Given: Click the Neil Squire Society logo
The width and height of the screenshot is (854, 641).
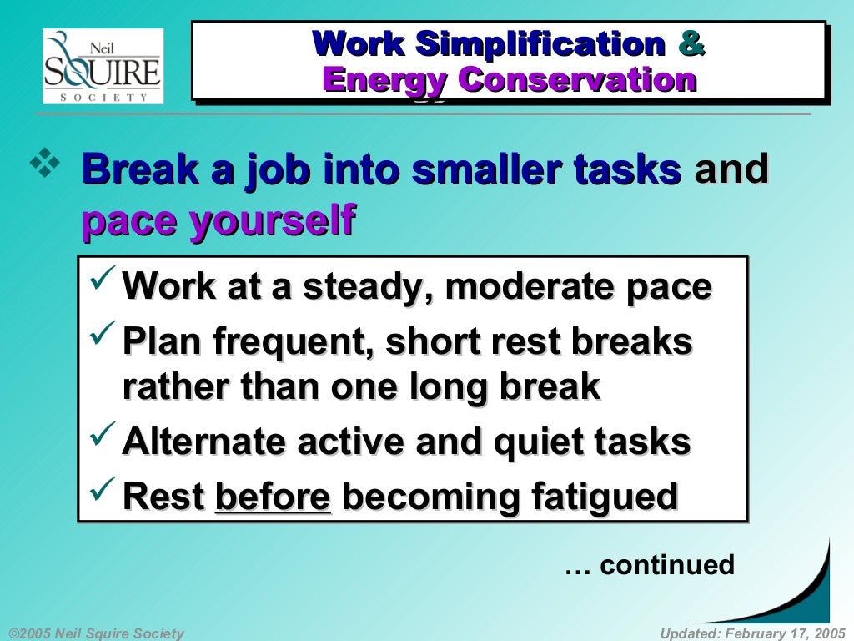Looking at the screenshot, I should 103,66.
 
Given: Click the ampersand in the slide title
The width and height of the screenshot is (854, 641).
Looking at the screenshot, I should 691,43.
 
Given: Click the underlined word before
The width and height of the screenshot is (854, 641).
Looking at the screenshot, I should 273,497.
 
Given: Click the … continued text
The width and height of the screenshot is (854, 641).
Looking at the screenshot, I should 650,565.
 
